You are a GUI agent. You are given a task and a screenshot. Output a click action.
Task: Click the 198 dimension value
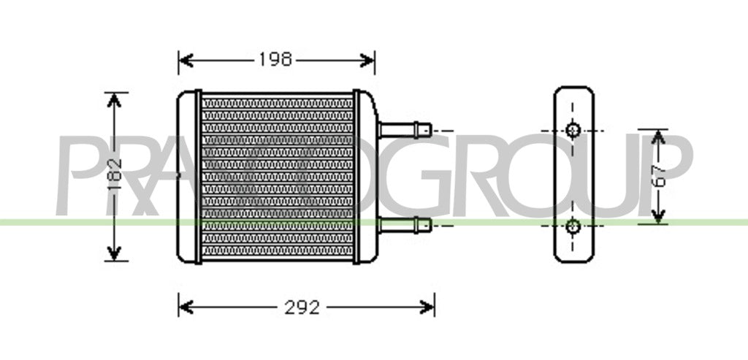(275, 60)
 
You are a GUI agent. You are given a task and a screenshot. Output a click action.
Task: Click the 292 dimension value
(302, 307)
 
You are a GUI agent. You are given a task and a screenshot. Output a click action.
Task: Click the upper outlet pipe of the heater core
(405, 130)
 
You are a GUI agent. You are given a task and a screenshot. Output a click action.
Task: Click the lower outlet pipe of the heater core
(405, 225)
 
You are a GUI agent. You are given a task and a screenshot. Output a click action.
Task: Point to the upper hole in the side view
(573, 130)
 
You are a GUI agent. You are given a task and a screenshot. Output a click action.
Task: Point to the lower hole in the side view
(573, 226)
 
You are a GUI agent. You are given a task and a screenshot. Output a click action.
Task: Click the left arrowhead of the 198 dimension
(186, 60)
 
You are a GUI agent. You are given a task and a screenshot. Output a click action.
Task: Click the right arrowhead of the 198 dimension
(367, 60)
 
